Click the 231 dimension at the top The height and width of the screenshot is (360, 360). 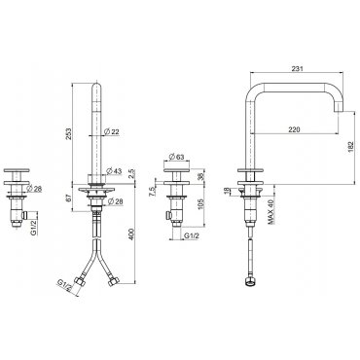pos(297,68)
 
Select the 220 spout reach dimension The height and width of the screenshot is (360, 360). pos(294,129)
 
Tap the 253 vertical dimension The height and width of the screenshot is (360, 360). pos(69,134)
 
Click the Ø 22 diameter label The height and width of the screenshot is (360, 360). pos(112,131)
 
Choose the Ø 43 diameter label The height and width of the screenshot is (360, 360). pos(114,171)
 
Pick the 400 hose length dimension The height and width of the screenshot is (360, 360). pos(131,234)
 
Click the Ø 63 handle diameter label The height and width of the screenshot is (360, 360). pos(177,157)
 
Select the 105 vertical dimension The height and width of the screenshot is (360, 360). pos(200,204)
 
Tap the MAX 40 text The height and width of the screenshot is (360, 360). pos(271,212)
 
